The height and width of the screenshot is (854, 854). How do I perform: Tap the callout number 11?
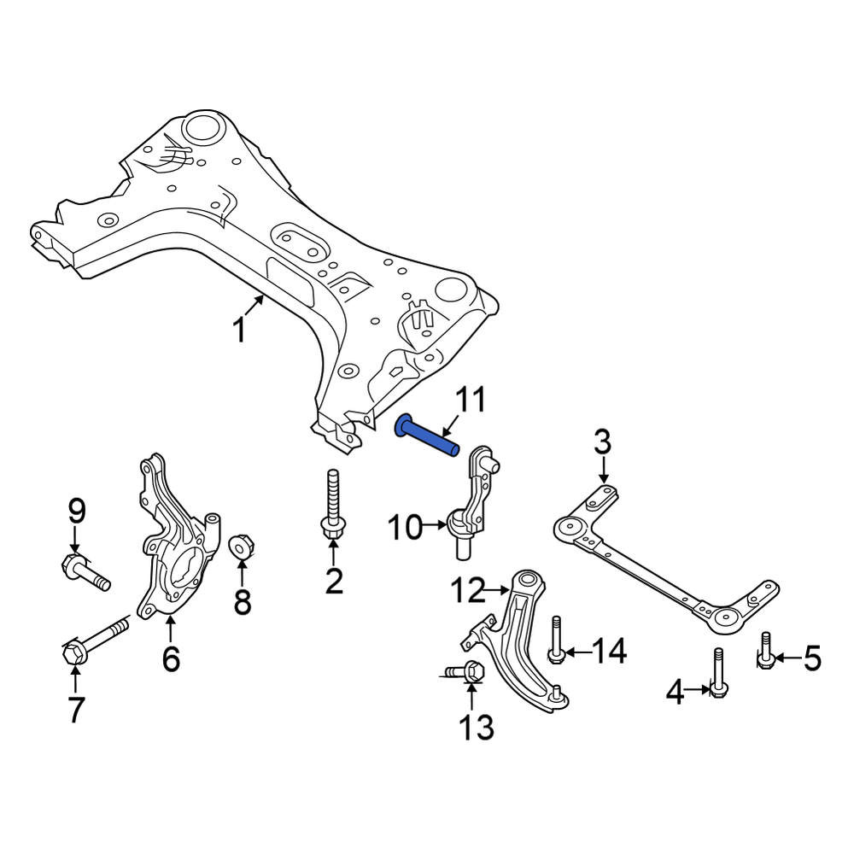471,401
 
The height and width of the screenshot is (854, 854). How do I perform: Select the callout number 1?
239,330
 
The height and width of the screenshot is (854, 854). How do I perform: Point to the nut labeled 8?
240,547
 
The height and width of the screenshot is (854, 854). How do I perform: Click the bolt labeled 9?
85,572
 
